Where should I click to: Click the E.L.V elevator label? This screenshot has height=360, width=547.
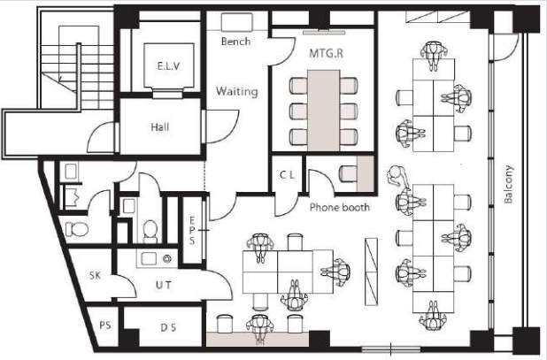point(169,65)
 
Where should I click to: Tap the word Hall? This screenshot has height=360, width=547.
point(160,126)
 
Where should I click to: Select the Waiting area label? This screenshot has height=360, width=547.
point(237,91)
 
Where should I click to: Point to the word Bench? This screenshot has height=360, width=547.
point(235,42)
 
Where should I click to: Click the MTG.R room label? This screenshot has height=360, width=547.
point(327,53)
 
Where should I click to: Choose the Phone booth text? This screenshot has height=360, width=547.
point(339,207)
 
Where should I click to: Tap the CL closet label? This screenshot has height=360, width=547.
point(287,175)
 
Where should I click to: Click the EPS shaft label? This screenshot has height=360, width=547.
point(192,230)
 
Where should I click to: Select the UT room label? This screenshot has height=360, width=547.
point(164,285)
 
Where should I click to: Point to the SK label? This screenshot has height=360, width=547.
point(95,275)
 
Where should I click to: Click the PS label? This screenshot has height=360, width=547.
point(105,326)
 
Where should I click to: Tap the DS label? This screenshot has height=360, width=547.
point(168,327)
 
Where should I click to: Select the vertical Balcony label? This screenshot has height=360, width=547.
point(508,184)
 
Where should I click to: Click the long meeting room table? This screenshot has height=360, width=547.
point(323,111)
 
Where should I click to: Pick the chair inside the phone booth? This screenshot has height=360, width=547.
point(348,173)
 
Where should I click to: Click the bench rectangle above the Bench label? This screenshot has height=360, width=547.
point(237,22)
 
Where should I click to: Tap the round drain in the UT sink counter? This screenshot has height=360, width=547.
point(167,258)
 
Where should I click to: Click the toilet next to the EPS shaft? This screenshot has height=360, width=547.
point(150,230)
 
